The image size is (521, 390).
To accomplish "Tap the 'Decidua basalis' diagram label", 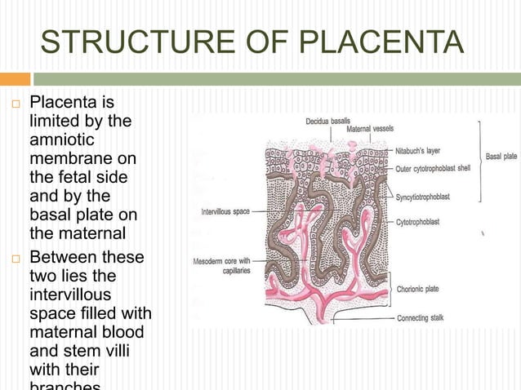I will (327, 121).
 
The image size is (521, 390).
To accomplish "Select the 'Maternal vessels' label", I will (370, 129).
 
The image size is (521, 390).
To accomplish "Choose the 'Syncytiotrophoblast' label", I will (428, 197).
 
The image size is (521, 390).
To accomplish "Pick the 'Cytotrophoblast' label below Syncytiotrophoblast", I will (421, 221).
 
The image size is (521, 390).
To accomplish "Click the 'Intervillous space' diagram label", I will (225, 211).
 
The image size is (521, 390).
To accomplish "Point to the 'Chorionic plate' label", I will (420, 288).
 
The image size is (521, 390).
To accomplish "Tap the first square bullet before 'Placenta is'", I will (14, 105).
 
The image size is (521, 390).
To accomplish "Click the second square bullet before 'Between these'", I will (14, 259).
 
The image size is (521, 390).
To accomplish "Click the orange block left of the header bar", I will (15, 79).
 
